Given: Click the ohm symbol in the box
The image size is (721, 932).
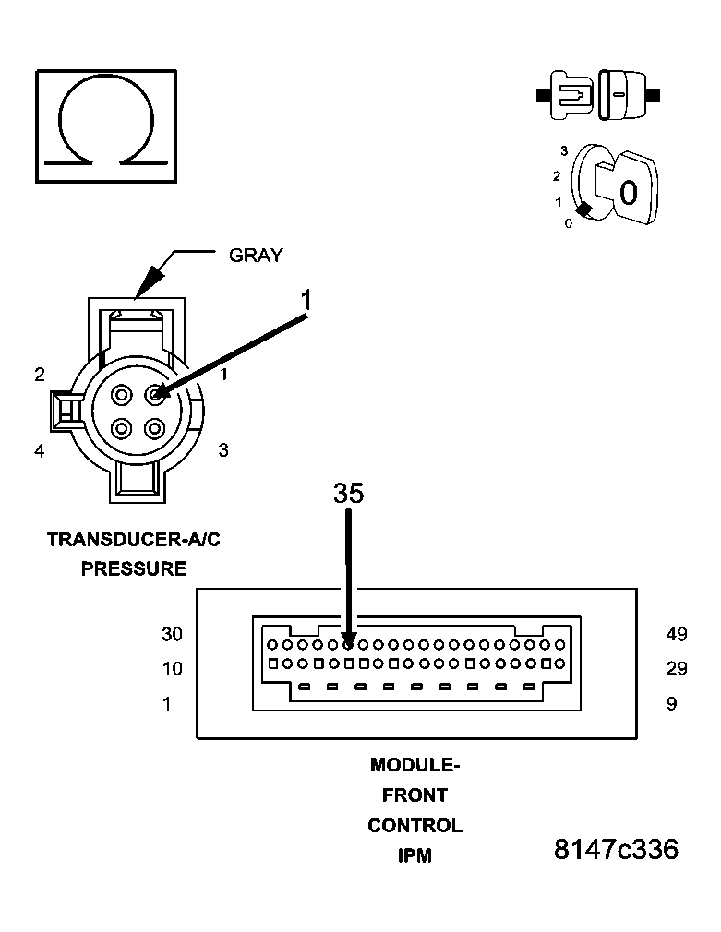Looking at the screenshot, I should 106,125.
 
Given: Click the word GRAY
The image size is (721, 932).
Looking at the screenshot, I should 256,256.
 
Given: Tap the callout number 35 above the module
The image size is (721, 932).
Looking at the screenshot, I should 349,494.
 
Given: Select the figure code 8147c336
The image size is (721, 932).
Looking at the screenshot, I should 616,850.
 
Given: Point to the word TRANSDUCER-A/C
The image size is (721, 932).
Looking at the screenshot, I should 134,539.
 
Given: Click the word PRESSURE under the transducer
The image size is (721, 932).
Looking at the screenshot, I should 134,568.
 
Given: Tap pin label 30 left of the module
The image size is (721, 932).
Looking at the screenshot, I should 172,634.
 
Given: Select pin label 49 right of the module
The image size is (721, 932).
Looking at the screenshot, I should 676,634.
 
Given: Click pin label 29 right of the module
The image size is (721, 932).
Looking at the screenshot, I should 676,669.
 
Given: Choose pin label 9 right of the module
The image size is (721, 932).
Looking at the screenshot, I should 671,704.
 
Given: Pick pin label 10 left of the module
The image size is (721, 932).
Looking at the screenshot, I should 172,669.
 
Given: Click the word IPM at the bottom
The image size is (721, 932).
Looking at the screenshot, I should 415,855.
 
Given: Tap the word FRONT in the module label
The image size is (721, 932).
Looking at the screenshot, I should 415,795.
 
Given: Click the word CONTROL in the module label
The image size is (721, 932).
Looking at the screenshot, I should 415,825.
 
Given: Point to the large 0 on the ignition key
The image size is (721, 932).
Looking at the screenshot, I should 629,193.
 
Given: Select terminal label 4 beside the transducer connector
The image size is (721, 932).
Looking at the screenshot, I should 40,451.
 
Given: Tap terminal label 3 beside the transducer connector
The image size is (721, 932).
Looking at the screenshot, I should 223,450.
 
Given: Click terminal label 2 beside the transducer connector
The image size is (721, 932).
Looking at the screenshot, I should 40,374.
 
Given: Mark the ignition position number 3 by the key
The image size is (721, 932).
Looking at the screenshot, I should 563,150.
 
